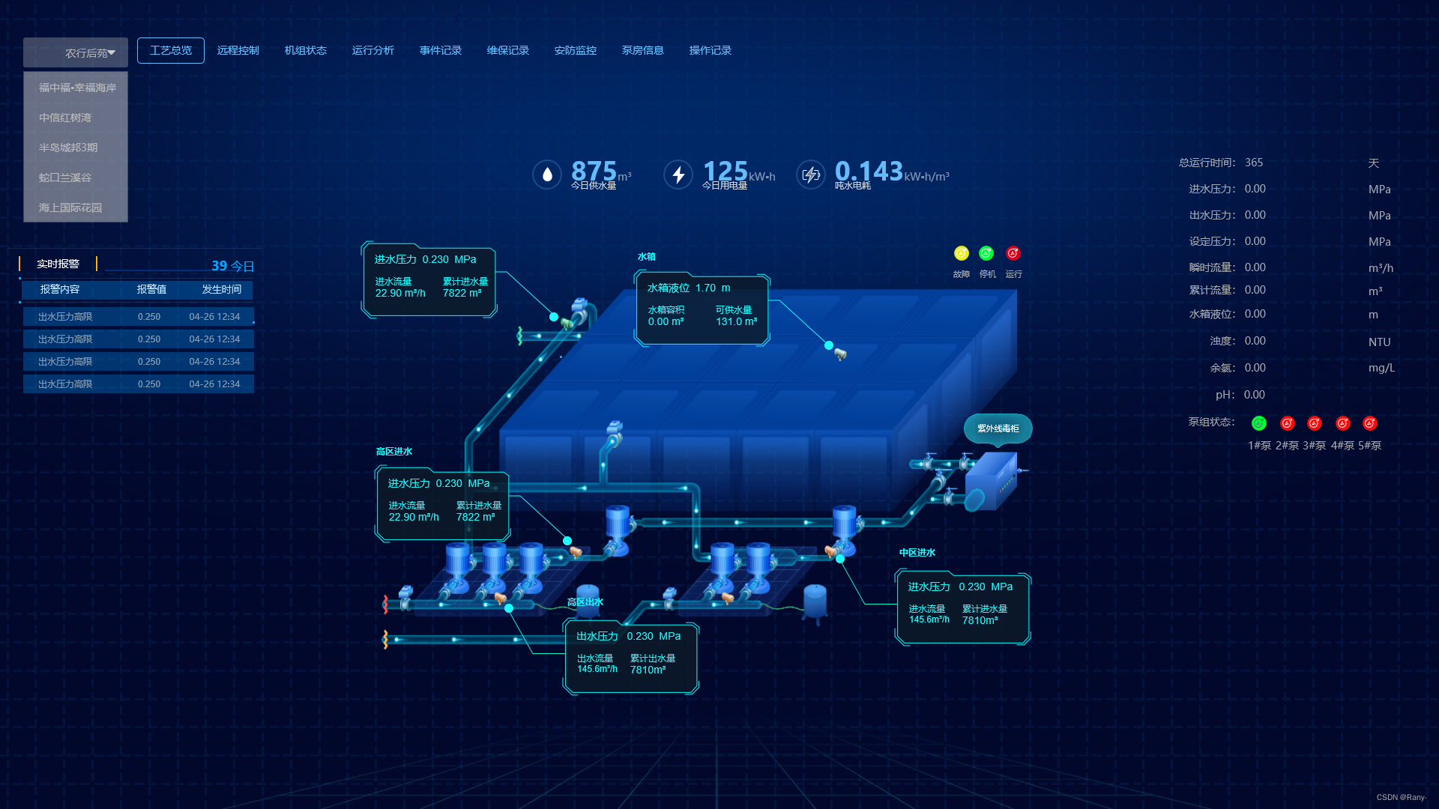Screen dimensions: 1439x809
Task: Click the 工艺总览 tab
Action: (171, 50)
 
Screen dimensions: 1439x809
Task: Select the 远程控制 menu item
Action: (238, 50)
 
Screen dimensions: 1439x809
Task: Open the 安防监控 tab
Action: (575, 50)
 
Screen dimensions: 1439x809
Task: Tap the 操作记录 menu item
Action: (710, 50)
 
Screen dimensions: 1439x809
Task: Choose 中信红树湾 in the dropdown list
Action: (65, 118)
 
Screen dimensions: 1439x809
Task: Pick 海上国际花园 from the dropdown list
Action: (70, 207)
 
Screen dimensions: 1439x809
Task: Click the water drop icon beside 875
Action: (547, 175)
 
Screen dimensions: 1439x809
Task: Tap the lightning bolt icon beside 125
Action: (678, 175)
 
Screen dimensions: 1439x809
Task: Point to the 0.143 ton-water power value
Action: (869, 172)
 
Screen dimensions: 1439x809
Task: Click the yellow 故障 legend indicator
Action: (962, 253)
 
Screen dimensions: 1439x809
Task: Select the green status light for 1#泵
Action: (1259, 423)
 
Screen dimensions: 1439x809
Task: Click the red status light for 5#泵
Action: (1370, 423)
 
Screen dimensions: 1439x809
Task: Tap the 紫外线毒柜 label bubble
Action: (998, 428)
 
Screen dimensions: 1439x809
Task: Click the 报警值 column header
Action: (151, 289)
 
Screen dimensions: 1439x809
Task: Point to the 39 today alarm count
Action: (219, 266)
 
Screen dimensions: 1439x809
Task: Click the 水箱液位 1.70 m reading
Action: (688, 288)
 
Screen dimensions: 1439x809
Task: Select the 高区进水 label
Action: (394, 452)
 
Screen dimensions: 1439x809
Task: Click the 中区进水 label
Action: (917, 553)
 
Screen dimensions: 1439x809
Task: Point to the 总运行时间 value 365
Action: (1254, 163)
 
